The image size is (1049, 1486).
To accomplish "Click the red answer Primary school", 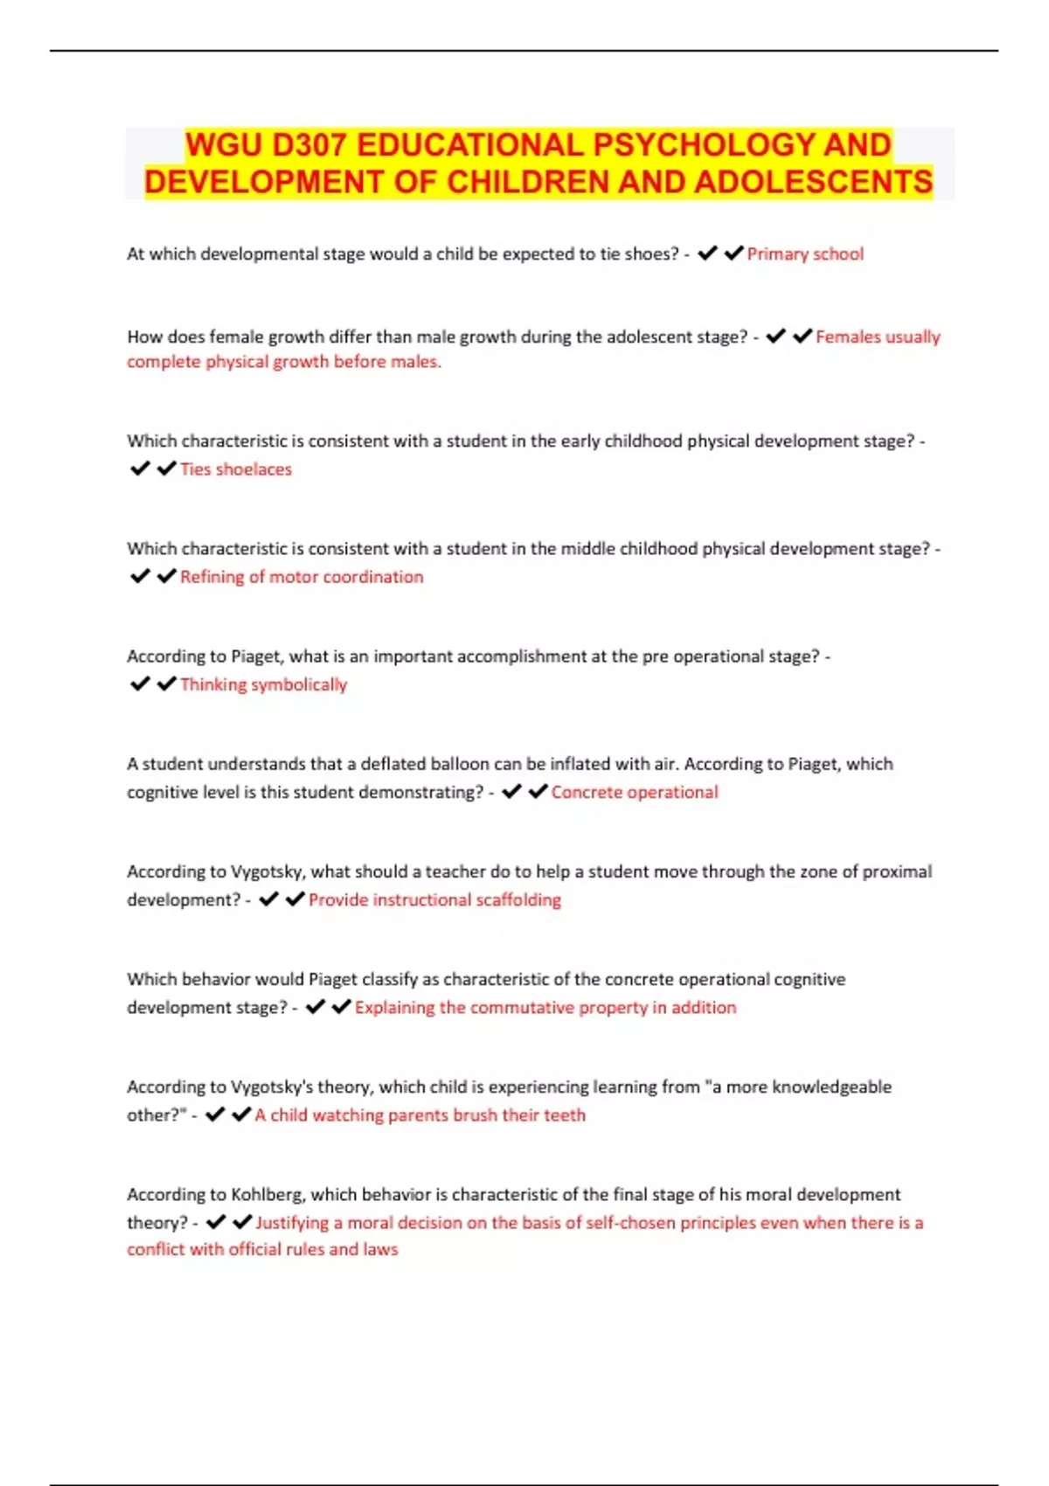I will (x=804, y=254).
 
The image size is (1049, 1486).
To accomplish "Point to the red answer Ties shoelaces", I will (x=235, y=469).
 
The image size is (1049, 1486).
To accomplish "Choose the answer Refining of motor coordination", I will (x=302, y=577).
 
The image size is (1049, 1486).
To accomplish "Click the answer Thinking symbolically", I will (x=263, y=684).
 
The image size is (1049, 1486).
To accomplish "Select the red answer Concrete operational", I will (x=634, y=792).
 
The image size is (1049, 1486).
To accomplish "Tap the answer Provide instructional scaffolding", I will (x=434, y=899).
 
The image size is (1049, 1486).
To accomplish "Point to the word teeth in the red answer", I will (x=566, y=1114).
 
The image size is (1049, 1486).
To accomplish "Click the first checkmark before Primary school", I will (x=707, y=253).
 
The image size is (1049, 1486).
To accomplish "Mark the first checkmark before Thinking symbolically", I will (x=140, y=684).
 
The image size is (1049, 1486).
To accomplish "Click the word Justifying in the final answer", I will (x=292, y=1222).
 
